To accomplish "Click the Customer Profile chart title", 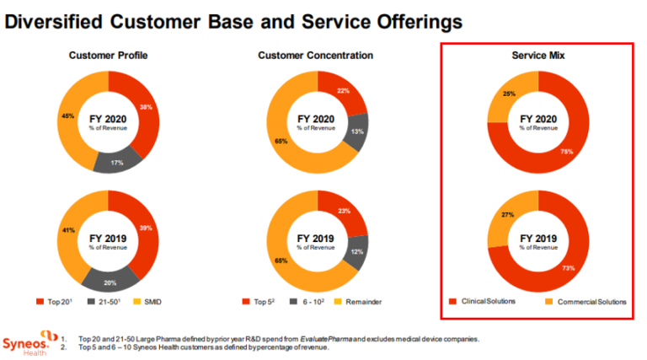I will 108,56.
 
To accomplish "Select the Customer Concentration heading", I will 315,56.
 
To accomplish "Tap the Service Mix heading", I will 538,56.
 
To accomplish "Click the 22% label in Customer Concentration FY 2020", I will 343,90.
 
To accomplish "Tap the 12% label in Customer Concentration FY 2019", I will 358,252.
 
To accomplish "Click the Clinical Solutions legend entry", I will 484,301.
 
